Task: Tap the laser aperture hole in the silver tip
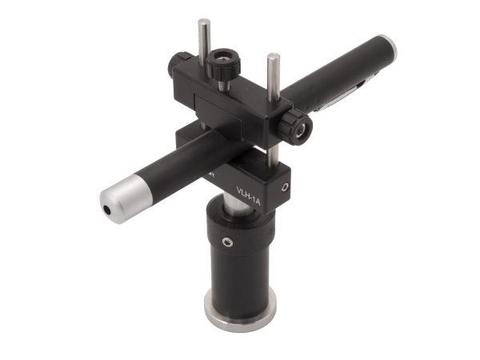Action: tap(106, 209)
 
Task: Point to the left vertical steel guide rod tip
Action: tap(204, 24)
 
